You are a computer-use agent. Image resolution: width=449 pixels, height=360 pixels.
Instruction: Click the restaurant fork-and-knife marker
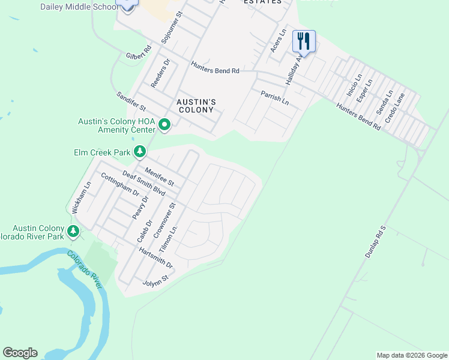tap(304, 41)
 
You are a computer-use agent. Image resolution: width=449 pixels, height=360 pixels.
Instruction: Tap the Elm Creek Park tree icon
tap(140, 152)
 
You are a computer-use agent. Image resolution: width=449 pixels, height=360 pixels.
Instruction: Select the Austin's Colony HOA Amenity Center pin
tap(164, 125)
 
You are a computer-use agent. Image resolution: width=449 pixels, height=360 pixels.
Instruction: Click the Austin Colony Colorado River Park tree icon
tap(73, 230)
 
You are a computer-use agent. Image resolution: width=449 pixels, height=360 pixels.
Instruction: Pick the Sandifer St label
tap(131, 101)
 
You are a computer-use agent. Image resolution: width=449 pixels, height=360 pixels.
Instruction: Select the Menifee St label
tap(159, 177)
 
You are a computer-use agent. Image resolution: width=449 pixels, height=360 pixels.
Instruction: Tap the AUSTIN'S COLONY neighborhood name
tap(196, 106)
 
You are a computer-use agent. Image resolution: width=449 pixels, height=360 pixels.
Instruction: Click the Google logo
tap(20, 353)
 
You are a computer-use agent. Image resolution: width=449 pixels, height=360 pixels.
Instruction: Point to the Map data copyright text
tap(412, 355)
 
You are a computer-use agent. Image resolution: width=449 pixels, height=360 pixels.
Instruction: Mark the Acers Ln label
tap(277, 40)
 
